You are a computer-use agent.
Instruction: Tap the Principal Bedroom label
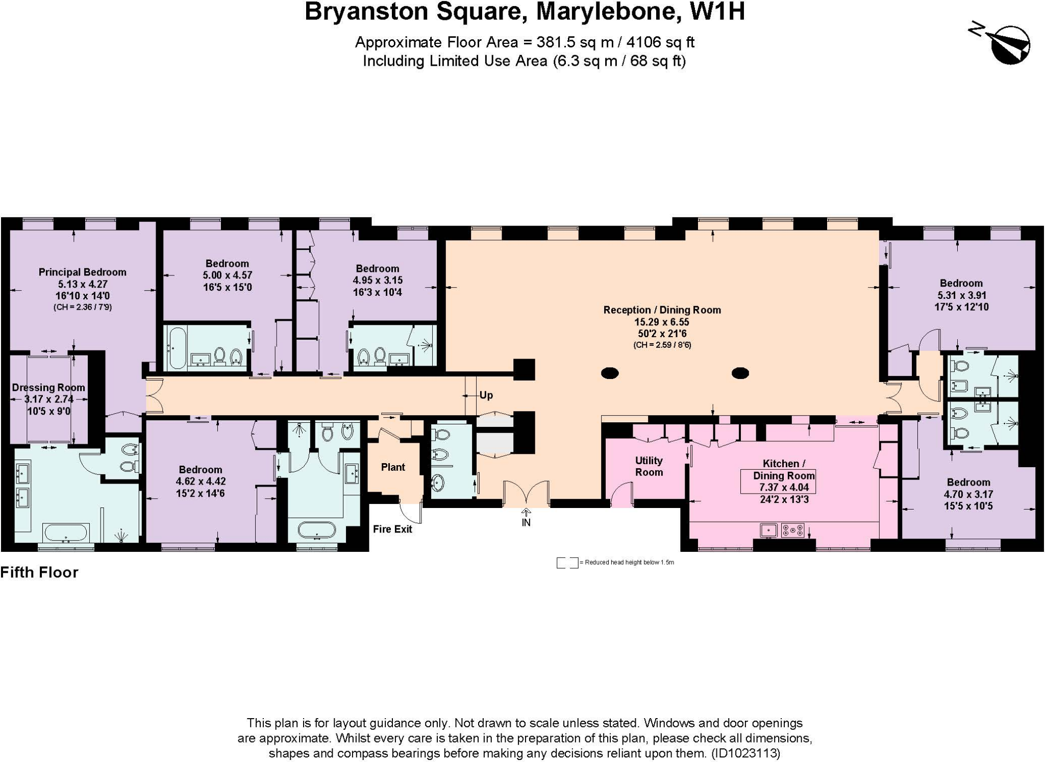click(82, 272)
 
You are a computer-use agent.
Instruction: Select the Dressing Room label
click(48, 388)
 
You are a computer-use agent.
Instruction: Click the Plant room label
click(393, 467)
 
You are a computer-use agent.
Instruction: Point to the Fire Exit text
click(392, 529)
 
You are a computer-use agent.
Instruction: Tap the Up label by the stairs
click(486, 395)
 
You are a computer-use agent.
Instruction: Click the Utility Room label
click(649, 466)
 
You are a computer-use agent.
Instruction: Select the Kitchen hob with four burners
click(792, 530)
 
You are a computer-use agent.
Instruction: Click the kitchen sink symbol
click(768, 530)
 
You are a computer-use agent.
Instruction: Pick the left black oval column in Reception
click(610, 373)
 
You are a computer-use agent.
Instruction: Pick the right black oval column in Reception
click(740, 373)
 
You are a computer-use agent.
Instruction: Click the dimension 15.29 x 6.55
click(662, 322)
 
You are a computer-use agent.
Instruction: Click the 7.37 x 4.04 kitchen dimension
click(784, 488)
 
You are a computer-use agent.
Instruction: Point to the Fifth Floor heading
click(39, 572)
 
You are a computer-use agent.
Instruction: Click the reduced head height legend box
click(567, 563)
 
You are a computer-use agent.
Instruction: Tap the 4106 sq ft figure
click(663, 42)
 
